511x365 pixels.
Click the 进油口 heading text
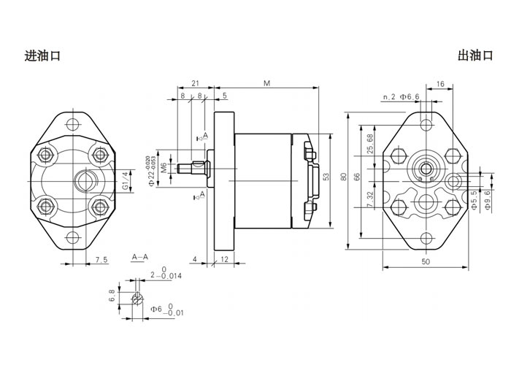pyautogui.click(x=42, y=55)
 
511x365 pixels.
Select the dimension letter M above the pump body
pyautogui.click(x=266, y=84)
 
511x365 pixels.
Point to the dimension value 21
pyautogui.click(x=196, y=84)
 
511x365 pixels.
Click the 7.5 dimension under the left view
pyautogui.click(x=101, y=259)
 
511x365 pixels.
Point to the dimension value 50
pyautogui.click(x=425, y=261)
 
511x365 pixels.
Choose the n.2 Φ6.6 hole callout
pyautogui.click(x=401, y=96)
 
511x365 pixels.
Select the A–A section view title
pyautogui.click(x=140, y=257)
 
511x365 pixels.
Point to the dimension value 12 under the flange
pyautogui.click(x=226, y=259)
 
